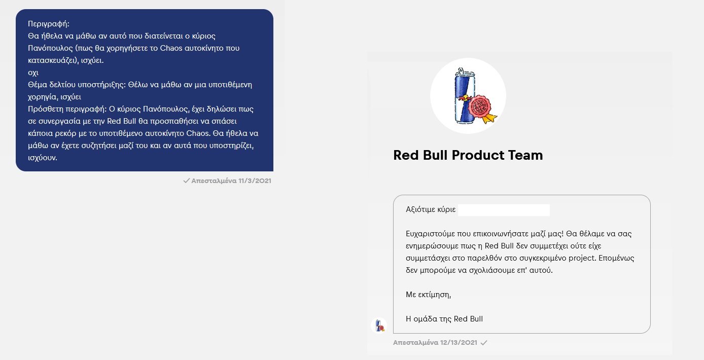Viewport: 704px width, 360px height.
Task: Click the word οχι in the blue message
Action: (33, 73)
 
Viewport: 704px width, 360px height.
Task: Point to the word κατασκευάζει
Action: (52, 60)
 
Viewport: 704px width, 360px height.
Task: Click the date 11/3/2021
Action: (255, 181)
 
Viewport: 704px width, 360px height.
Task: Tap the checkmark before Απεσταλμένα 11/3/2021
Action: (186, 181)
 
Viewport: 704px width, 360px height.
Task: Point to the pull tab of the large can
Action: (461, 70)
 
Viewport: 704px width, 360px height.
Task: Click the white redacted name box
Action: (504, 210)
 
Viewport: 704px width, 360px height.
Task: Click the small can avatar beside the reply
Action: (379, 326)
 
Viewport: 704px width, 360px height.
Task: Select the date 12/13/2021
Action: (459, 342)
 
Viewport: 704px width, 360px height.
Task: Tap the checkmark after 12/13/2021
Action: (484, 342)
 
